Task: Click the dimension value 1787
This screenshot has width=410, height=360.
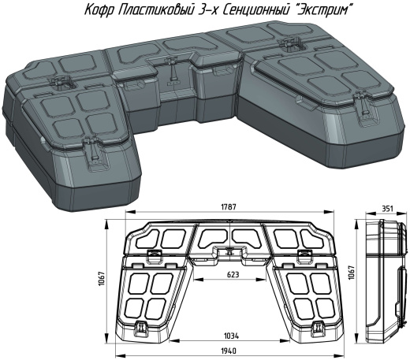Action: tap(229, 206)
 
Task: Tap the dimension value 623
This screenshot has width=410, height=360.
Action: tap(233, 275)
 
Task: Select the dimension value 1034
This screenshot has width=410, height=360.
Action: tap(231, 336)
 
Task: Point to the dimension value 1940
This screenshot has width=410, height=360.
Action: tap(229, 351)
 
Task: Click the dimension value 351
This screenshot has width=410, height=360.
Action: tap(387, 209)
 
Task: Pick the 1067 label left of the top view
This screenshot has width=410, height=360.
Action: tap(102, 279)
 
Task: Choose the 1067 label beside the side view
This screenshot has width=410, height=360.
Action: tap(352, 273)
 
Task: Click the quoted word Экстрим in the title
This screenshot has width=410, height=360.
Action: tap(324, 10)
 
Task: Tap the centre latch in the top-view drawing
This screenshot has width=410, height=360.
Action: tap(229, 251)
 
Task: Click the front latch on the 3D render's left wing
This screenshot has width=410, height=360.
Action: tap(94, 152)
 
